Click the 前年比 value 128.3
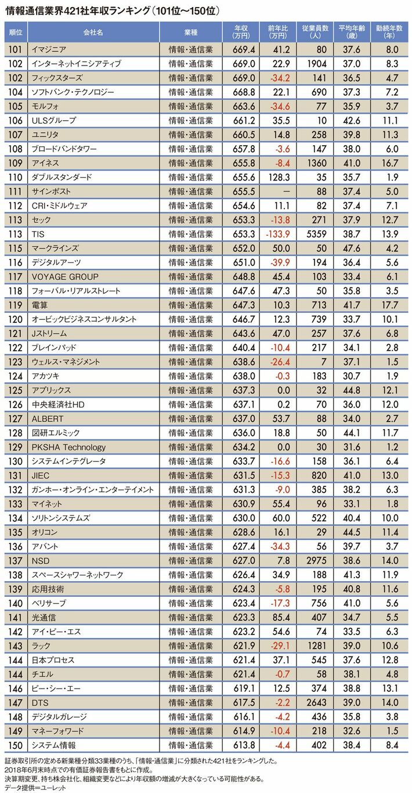279,177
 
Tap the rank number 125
15,390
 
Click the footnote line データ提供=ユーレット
35,787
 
